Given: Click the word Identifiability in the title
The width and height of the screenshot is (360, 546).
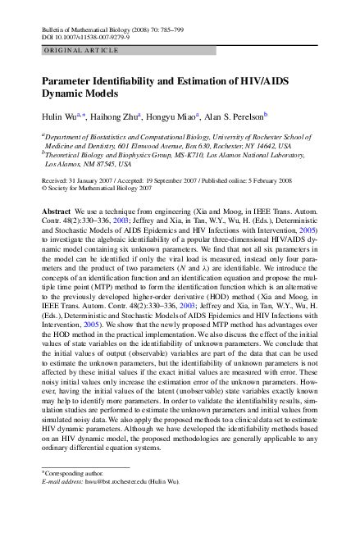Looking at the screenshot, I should click(128, 84).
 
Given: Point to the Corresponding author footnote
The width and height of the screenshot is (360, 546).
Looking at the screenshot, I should click(75, 475).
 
